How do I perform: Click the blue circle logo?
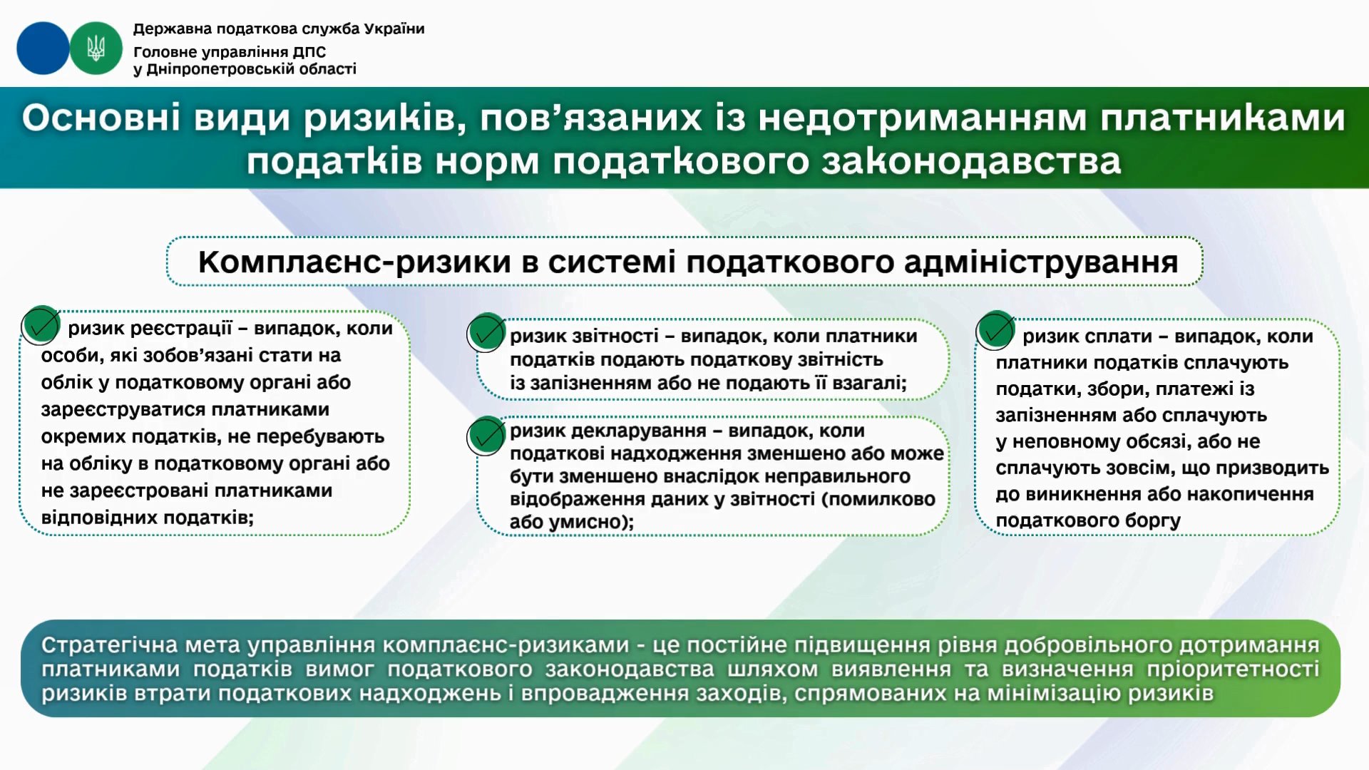(43, 48)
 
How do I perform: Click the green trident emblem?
(96, 48)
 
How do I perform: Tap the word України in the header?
(394, 29)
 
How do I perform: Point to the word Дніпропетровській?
(227, 69)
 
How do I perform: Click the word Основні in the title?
(101, 118)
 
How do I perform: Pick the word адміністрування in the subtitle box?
(1041, 262)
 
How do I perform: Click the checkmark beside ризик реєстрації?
(41, 326)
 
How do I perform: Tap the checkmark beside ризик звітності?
(486, 333)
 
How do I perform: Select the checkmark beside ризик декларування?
(486, 436)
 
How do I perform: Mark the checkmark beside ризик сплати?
(995, 330)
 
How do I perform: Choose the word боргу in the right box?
(1154, 521)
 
